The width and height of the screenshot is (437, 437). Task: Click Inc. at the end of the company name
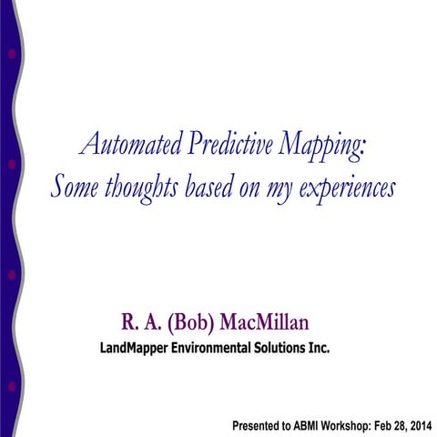point(320,348)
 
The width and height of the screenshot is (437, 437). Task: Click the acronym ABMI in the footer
point(310,425)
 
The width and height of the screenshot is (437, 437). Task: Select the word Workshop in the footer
point(352,425)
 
